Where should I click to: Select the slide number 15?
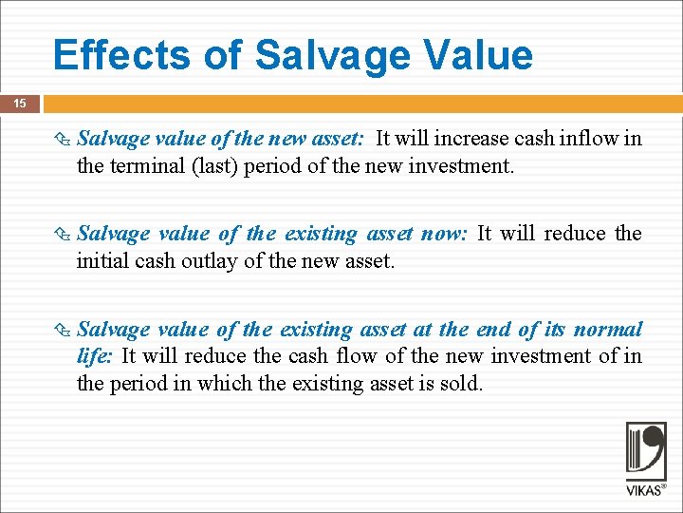click(x=20, y=103)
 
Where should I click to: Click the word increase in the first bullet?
click(x=470, y=139)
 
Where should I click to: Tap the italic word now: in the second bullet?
click(x=440, y=234)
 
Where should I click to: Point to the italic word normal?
click(x=609, y=330)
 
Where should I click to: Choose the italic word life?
click(x=95, y=356)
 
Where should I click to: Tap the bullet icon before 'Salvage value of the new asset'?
click(x=64, y=140)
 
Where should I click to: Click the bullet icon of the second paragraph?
click(x=64, y=235)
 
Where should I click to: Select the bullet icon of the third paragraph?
click(x=64, y=331)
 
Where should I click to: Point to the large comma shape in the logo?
click(x=654, y=446)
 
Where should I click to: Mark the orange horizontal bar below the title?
click(x=360, y=103)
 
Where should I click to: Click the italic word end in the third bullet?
click(x=490, y=330)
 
